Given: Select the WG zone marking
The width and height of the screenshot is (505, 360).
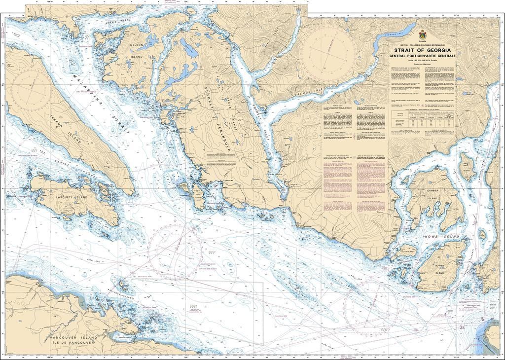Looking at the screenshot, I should [193, 306].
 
